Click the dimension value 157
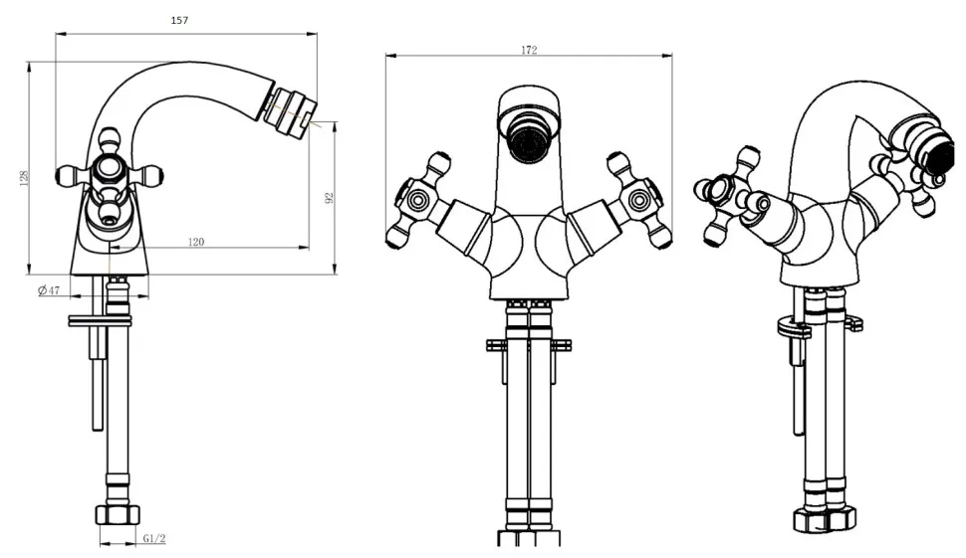[179, 20]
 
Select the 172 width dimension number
[529, 50]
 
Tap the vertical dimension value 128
[25, 178]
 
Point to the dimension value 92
[329, 198]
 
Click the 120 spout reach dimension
[196, 242]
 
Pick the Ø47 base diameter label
[49, 289]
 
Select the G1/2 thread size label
[154, 538]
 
